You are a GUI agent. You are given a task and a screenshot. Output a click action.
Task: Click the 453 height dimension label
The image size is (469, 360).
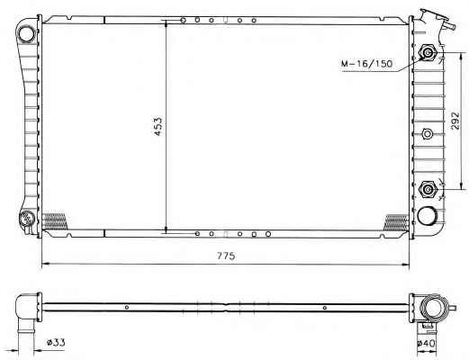[x=158, y=126]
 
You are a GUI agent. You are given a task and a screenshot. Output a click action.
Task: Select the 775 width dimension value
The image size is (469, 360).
[x=226, y=256]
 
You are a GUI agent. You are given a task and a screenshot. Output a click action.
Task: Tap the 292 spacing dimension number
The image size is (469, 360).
[x=455, y=121]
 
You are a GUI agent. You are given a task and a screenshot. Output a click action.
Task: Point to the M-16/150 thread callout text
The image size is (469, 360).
[x=366, y=64]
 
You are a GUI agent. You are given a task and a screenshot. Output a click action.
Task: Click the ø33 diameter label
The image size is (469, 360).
[x=56, y=342]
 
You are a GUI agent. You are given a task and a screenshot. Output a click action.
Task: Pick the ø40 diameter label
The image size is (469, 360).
[x=426, y=344]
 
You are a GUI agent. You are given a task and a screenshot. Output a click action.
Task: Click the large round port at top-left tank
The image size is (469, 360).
[x=26, y=33]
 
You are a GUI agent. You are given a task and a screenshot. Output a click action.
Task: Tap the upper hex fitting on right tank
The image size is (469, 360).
[x=428, y=53]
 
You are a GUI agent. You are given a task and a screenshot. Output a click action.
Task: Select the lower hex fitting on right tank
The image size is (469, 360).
[x=428, y=189]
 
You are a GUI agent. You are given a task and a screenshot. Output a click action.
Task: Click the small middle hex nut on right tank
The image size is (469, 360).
[x=427, y=133]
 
